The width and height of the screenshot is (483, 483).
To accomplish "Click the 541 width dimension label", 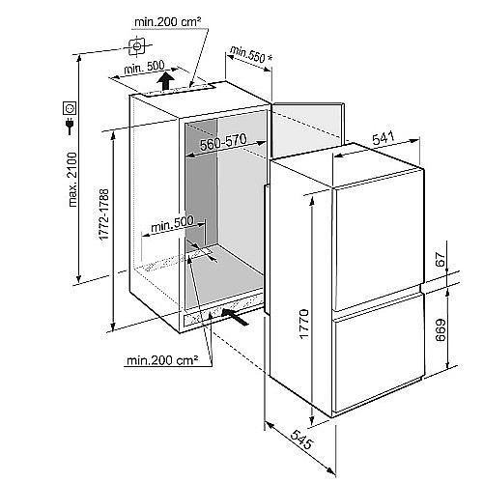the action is point(384,138).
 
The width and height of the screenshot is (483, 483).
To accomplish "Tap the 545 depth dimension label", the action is point(301,440).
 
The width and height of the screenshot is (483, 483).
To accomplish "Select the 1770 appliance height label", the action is point(304,324).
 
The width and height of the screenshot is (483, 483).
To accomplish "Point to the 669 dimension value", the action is point(440,329).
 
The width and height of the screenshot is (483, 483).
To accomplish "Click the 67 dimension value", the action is point(441,259).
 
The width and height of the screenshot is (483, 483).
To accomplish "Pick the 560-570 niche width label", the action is point(223,142).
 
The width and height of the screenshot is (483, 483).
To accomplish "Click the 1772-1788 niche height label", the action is point(104,214).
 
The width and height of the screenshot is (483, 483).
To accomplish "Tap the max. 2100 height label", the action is point(72,180).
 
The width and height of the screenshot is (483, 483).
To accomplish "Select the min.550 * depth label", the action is point(251,54).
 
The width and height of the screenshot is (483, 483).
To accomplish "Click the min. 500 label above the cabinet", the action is point(144,68).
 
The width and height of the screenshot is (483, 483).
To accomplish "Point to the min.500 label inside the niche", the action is point(172,223).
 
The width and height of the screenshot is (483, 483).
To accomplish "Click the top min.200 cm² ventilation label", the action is point(167,22).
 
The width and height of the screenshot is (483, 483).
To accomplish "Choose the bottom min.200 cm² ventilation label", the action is point(162,359).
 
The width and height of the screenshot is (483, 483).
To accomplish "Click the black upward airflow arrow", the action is point(166,81).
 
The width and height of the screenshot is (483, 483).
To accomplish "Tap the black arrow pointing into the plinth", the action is point(235,316).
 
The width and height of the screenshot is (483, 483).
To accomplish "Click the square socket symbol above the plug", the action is point(70,107).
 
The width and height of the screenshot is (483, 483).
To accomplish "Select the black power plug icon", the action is point(70,126).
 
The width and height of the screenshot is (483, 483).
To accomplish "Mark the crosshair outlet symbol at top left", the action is point(137,46).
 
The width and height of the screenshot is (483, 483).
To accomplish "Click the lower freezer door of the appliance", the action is point(377,351).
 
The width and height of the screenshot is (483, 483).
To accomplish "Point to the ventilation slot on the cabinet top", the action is point(180,89).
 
